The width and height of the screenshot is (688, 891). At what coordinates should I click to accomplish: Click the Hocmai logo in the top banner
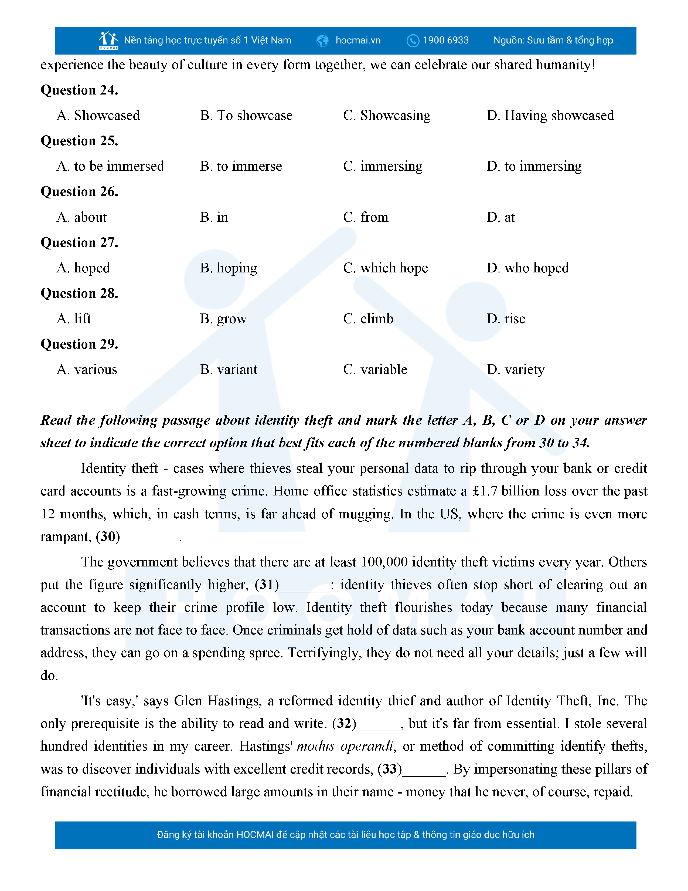(108, 40)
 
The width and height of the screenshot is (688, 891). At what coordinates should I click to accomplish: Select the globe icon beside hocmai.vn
(322, 41)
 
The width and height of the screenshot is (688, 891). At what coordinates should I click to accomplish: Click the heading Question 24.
(80, 90)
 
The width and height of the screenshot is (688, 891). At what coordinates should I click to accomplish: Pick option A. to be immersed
(110, 166)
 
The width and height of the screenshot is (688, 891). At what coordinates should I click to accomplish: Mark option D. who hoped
(527, 268)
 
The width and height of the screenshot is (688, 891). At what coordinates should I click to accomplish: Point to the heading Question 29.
(80, 344)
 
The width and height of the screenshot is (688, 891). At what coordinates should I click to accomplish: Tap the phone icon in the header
(413, 41)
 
